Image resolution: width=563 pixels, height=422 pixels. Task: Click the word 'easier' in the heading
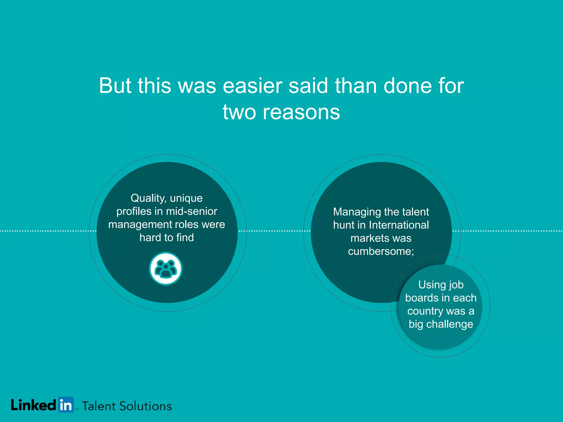252,86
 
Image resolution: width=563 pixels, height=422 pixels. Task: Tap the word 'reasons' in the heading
301,112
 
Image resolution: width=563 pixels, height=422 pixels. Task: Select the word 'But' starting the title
115,86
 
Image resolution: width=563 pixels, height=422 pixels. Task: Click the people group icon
165,269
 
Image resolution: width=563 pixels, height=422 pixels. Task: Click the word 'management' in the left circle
140,224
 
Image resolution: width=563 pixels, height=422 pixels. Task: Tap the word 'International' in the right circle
399,225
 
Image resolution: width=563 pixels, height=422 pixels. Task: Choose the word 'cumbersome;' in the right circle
381,251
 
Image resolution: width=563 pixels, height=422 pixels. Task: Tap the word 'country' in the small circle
425,311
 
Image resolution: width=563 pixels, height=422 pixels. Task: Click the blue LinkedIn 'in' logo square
66,405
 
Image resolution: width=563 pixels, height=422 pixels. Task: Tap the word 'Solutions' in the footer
145,406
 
